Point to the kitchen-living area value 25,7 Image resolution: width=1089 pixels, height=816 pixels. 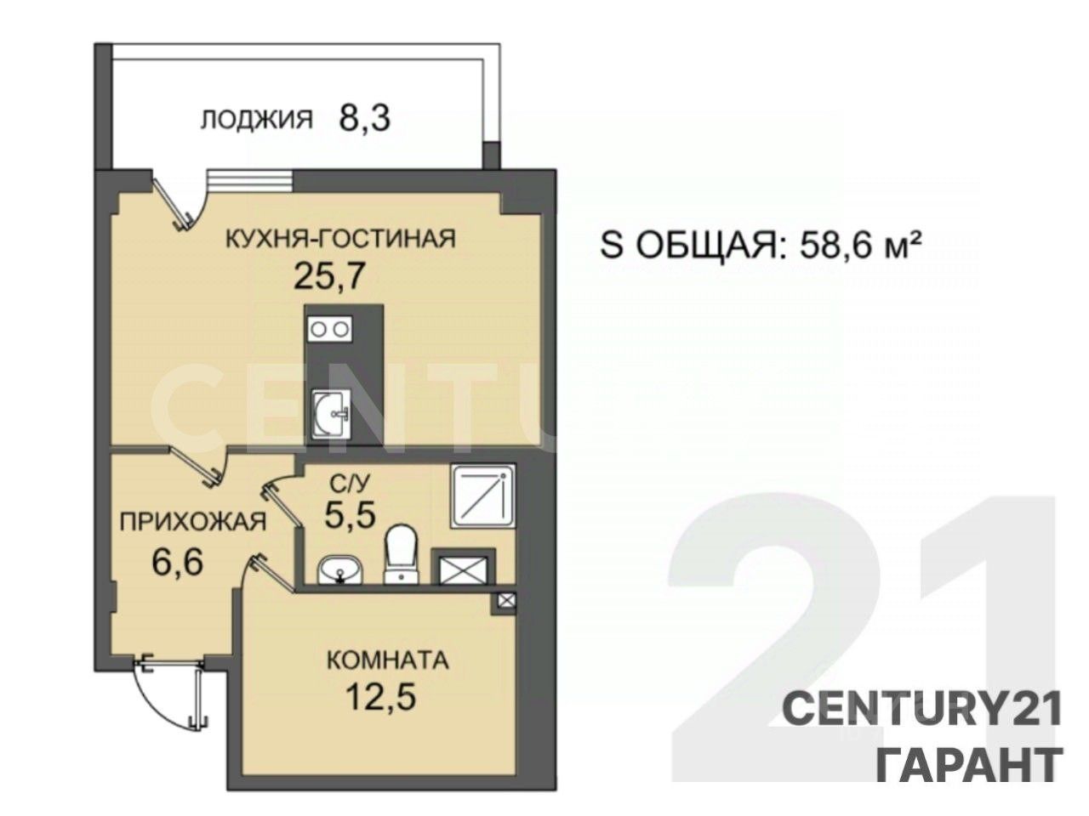(329, 276)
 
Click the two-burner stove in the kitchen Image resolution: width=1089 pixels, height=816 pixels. (330, 330)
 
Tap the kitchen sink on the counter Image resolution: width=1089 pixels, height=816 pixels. (332, 414)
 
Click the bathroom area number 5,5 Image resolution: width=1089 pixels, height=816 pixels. (351, 515)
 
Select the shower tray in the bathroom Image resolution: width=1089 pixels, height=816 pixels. (482, 496)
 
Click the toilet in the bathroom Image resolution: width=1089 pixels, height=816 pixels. (402, 554)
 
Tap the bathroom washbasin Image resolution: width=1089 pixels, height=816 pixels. (339, 569)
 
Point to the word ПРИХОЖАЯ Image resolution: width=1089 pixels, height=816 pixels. (193, 522)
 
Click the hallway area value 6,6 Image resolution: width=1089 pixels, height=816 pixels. (178, 563)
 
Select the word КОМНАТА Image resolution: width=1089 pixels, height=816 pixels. (388, 661)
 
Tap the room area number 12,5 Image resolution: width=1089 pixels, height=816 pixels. (380, 698)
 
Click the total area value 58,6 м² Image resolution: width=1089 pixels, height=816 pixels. (857, 246)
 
